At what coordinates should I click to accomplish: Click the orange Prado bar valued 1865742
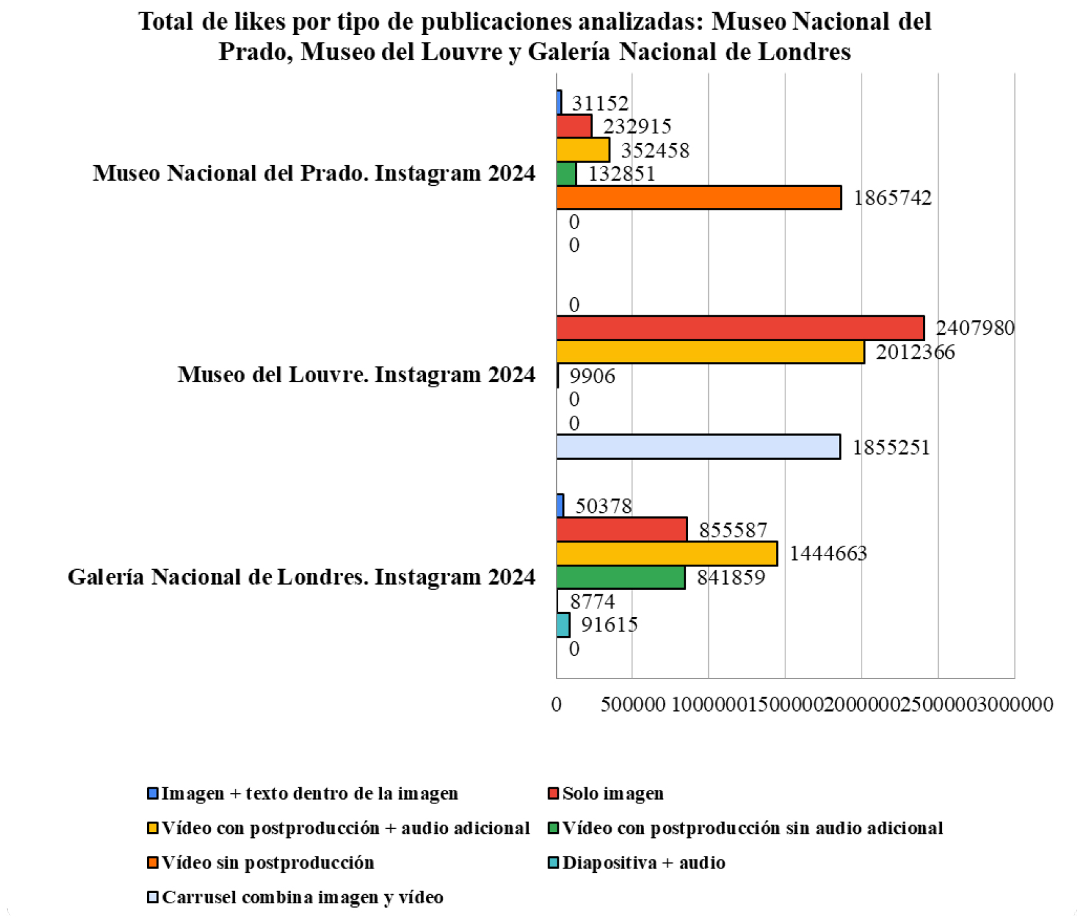click(699, 197)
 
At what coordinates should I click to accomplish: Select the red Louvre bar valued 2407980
click(740, 328)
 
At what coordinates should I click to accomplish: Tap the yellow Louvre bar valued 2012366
click(710, 352)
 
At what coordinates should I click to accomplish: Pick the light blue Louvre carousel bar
click(698, 447)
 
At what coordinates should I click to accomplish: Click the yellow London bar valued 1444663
click(667, 554)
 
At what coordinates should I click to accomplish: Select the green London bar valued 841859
click(621, 578)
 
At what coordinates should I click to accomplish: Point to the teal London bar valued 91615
click(563, 625)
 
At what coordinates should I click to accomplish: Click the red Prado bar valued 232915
click(574, 126)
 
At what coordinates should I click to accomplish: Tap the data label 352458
click(655, 151)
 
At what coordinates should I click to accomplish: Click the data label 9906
click(592, 376)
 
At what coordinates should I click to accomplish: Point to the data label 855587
click(733, 530)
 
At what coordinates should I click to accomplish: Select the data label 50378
click(603, 506)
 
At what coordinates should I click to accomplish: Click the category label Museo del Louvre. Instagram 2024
click(357, 375)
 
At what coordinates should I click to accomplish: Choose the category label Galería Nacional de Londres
click(302, 577)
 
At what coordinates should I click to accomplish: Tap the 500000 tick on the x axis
click(632, 704)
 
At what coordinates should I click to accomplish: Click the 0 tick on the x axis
click(556, 704)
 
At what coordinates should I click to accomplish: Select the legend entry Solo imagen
click(612, 794)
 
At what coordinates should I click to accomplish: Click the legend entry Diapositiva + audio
click(643, 863)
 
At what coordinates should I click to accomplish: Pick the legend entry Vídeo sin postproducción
click(267, 863)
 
